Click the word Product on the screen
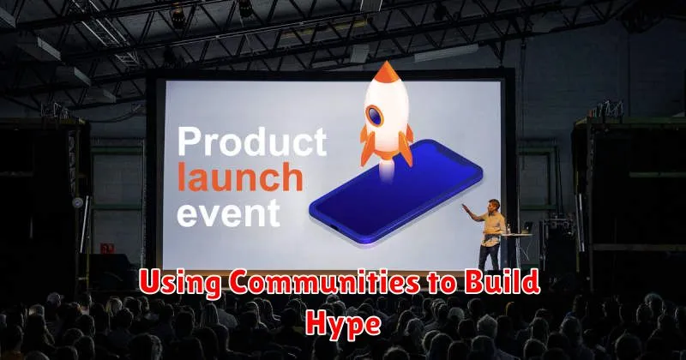pyautogui.click(x=252, y=141)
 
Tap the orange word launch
pyautogui.click(x=240, y=177)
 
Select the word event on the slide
pyautogui.click(x=228, y=213)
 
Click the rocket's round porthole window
pyautogui.click(x=375, y=116)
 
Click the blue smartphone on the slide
pyautogui.click(x=395, y=193)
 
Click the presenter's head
pyautogui.click(x=495, y=206)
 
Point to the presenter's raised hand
pyautogui.click(x=465, y=207)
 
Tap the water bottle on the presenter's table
pyautogui.click(x=508, y=229)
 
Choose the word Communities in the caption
pyautogui.click(x=324, y=282)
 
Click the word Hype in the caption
pyautogui.click(x=344, y=324)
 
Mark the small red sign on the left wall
pyautogui.click(x=106, y=249)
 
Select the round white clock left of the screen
pyautogui.click(x=77, y=202)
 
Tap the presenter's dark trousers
pyautogui.click(x=489, y=257)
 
